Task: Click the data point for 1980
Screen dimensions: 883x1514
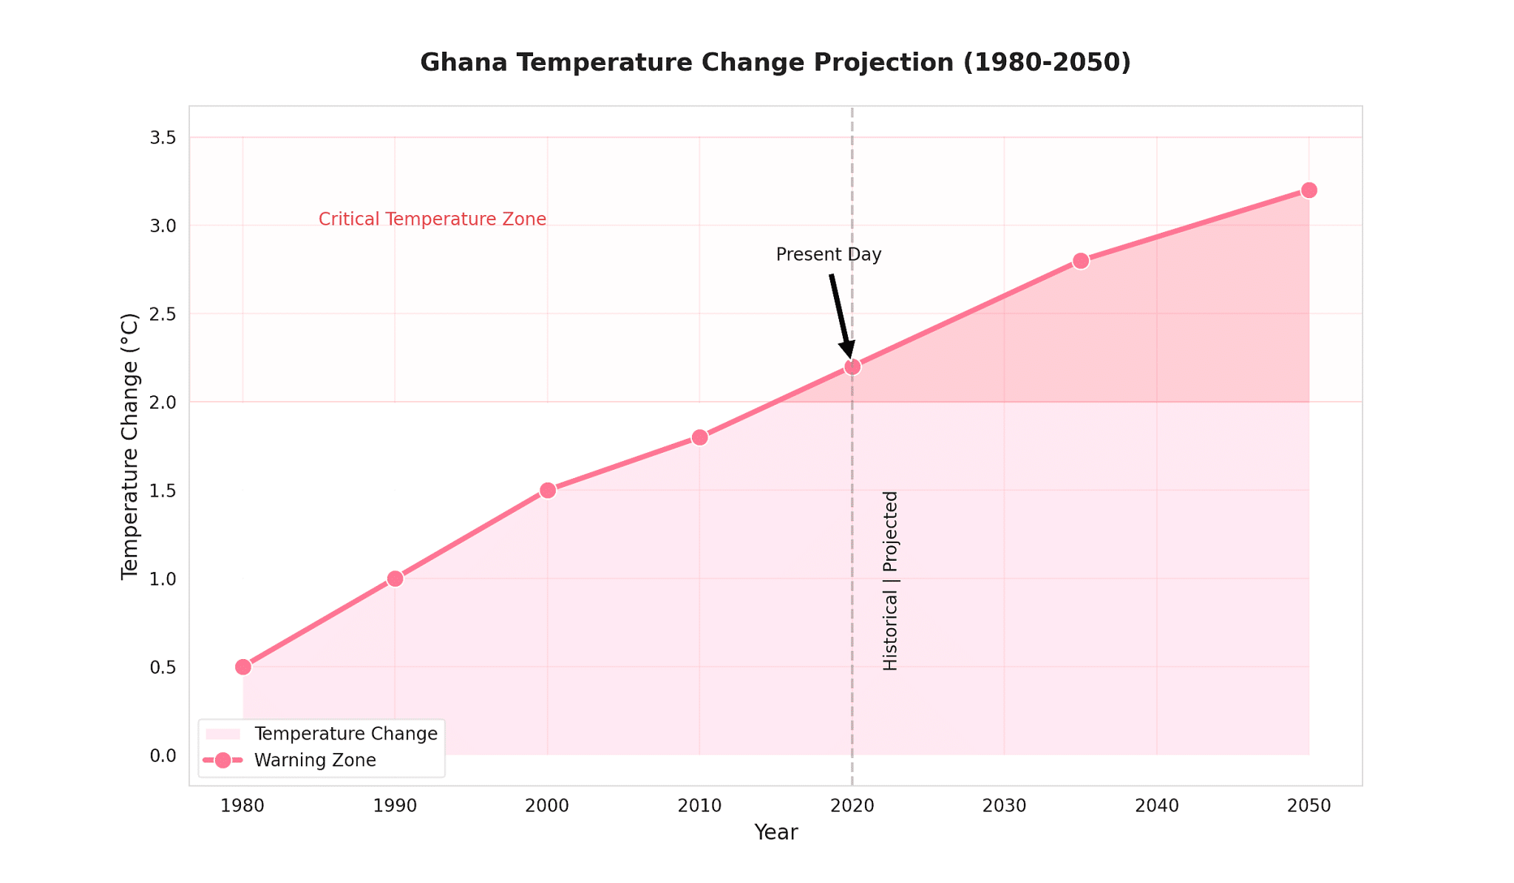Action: click(x=243, y=666)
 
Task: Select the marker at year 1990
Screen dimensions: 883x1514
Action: click(x=396, y=579)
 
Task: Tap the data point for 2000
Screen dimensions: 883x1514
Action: click(x=548, y=491)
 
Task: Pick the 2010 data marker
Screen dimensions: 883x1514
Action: click(x=700, y=437)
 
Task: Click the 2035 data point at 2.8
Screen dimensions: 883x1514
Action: click(x=1081, y=261)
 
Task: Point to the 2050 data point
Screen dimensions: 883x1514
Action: click(x=1309, y=190)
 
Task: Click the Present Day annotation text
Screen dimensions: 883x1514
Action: click(x=829, y=255)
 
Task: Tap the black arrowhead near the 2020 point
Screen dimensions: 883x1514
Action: click(x=848, y=350)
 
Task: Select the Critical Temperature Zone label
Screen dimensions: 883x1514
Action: click(x=432, y=219)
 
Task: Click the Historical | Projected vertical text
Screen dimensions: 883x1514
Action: click(x=891, y=581)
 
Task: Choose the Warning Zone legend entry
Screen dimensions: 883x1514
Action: click(x=315, y=760)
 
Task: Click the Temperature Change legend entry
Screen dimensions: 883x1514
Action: click(x=345, y=734)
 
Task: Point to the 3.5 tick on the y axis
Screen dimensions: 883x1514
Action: click(x=163, y=138)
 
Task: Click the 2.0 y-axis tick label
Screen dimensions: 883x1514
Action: click(x=163, y=403)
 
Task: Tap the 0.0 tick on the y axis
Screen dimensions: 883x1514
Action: click(x=163, y=755)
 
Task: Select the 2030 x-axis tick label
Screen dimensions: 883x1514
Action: click(x=1004, y=806)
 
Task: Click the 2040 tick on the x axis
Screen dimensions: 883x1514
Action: click(x=1156, y=806)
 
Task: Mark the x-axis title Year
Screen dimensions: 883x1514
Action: click(x=775, y=833)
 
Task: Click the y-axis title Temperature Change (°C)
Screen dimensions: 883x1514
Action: click(x=130, y=446)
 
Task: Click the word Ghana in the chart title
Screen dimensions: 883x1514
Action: click(x=464, y=63)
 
